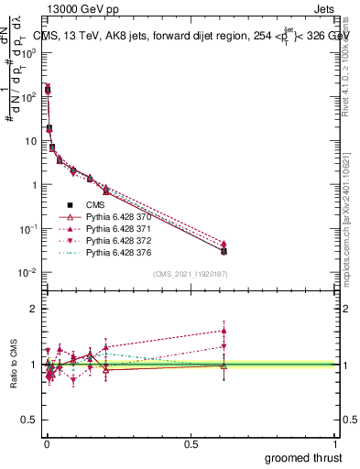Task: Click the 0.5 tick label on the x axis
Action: pos(191,442)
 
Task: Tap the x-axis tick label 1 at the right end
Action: pos(336,442)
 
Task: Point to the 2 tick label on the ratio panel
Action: pos(33,309)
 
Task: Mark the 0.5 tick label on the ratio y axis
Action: pos(29,420)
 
